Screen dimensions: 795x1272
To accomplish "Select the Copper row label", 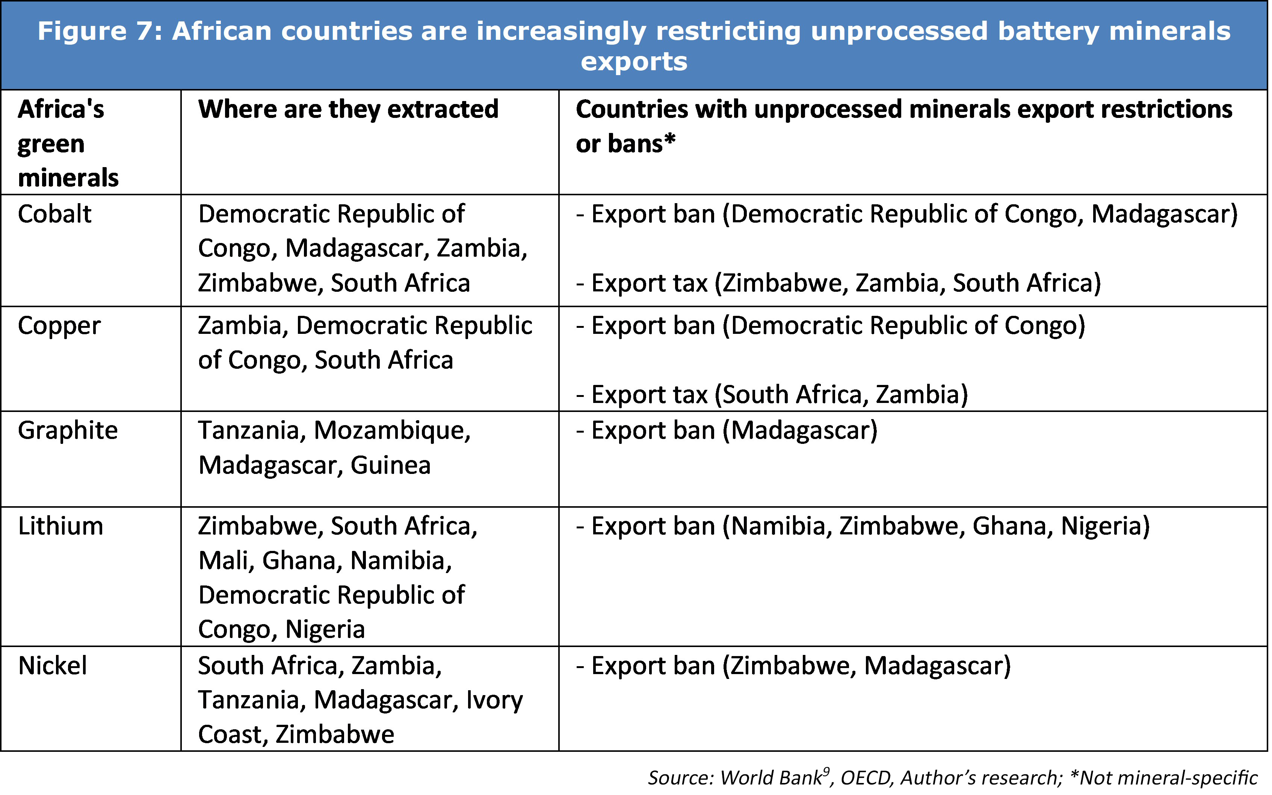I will tap(59, 326).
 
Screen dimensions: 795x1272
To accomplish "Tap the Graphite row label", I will tap(68, 430).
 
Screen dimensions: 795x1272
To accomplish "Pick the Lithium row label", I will tap(60, 526).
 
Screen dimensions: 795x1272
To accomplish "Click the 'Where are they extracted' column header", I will tap(348, 109).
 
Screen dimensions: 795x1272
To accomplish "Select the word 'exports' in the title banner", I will tap(634, 62).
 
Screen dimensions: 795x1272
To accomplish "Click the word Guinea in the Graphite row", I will tap(391, 465).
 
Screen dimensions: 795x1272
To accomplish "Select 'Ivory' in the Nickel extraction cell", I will tap(494, 700).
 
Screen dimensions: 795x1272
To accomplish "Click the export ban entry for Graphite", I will tap(727, 430).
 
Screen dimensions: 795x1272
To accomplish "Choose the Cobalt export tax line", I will tap(838, 283).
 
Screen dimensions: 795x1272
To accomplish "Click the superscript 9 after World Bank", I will tap(826, 771).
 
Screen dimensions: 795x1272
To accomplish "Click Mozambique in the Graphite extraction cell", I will tap(392, 430).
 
